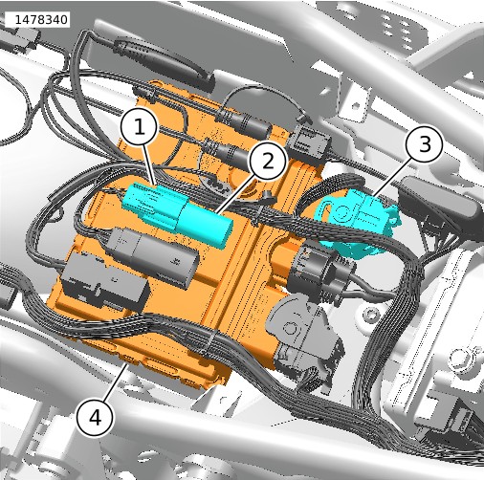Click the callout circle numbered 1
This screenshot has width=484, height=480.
click(x=139, y=128)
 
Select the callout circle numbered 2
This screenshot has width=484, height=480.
click(x=268, y=161)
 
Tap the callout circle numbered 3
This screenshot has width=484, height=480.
click(x=424, y=144)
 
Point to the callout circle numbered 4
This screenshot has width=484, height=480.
click(x=96, y=418)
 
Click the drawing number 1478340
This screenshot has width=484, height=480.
click(x=41, y=20)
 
